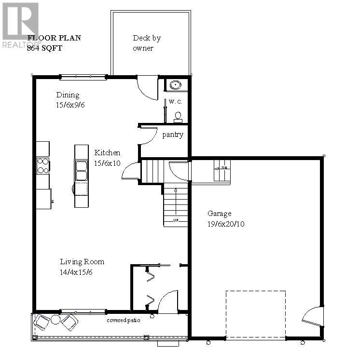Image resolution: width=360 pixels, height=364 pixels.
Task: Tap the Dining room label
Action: [x=68, y=95]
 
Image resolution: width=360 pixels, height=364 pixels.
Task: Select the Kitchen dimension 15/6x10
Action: [x=107, y=163]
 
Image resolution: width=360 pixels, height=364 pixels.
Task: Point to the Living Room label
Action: [x=82, y=262]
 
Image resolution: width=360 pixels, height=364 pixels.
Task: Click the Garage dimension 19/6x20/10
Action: [x=226, y=224]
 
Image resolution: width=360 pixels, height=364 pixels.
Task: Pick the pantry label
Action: [x=172, y=135]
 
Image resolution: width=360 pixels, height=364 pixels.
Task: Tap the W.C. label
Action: [x=175, y=102]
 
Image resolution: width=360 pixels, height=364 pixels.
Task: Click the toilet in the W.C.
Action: [x=178, y=116]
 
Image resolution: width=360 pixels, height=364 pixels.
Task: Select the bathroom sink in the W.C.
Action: [x=174, y=86]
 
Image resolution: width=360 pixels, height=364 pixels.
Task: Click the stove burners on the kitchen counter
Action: [x=43, y=166]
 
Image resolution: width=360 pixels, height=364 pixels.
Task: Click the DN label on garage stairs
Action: [x=224, y=168]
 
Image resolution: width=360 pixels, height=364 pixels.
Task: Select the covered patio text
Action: [x=123, y=321]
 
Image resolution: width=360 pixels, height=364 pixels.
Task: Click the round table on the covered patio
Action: [x=56, y=320]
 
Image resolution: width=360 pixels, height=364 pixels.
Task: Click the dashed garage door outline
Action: [x=256, y=314]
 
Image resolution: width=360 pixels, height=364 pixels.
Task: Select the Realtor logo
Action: [x=20, y=24]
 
